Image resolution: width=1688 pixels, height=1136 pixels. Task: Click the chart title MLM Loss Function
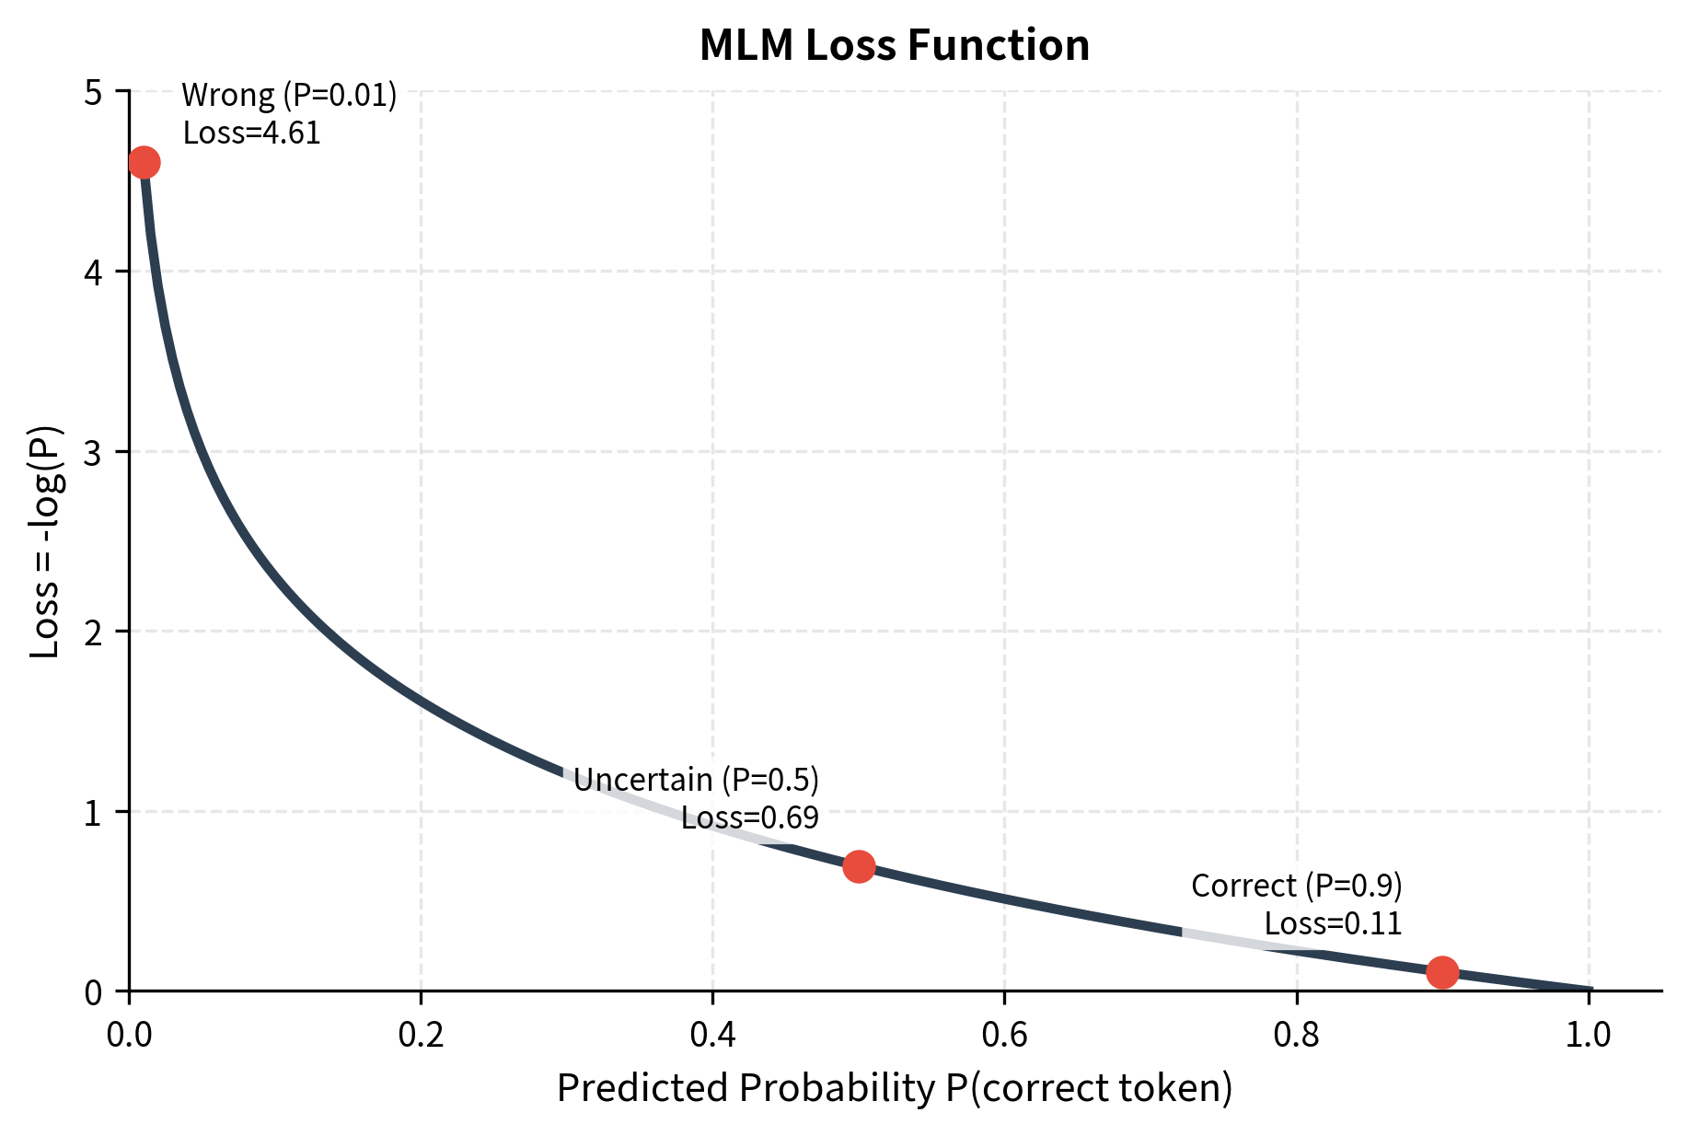[894, 45]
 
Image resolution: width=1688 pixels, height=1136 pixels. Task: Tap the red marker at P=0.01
[144, 163]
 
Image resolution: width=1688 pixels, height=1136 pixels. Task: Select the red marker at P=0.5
[859, 866]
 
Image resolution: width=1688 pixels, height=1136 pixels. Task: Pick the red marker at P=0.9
[1441, 971]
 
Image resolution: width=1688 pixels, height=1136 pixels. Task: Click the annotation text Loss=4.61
[251, 133]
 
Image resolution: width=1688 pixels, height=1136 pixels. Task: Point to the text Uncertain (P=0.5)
[696, 780]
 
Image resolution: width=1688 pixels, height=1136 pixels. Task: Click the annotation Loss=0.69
[749, 817]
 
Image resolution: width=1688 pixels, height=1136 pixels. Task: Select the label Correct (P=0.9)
[1296, 886]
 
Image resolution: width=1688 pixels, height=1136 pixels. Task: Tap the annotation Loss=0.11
[1332, 923]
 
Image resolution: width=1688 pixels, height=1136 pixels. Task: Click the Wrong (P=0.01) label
[289, 95]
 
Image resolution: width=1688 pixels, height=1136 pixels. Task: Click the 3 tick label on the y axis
[93, 452]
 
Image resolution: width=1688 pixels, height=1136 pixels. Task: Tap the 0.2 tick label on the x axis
[421, 1035]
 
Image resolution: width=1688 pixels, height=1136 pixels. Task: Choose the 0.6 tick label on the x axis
[1004, 1035]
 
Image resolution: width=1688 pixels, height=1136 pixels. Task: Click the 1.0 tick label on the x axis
[1588, 1035]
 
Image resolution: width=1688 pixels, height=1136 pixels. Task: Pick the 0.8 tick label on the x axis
[1296, 1035]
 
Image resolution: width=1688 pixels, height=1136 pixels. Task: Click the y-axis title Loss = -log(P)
[45, 541]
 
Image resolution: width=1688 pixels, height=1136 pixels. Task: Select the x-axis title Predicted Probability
[894, 1088]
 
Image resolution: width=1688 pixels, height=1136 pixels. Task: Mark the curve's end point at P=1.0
[1589, 990]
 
